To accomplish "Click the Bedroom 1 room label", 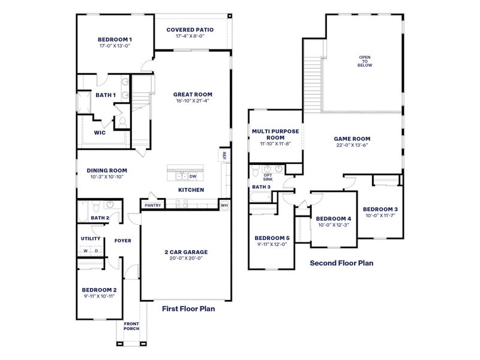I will click(115, 40).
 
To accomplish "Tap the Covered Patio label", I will click(190, 29).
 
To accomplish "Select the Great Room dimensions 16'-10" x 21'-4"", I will click(193, 101).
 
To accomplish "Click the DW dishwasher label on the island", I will click(193, 176).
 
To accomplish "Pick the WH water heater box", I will click(224, 205).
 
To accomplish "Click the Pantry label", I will click(152, 205).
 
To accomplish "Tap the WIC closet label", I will click(100, 133).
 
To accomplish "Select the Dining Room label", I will click(107, 170).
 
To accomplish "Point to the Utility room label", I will click(91, 238).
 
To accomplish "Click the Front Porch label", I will click(131, 327).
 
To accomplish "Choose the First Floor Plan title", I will click(188, 309).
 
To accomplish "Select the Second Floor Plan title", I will click(341, 262).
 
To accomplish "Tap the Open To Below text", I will click(365, 61).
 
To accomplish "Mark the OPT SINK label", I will click(268, 177).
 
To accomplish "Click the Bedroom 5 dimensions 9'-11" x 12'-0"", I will click(271, 244).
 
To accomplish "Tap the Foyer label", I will click(123, 241).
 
